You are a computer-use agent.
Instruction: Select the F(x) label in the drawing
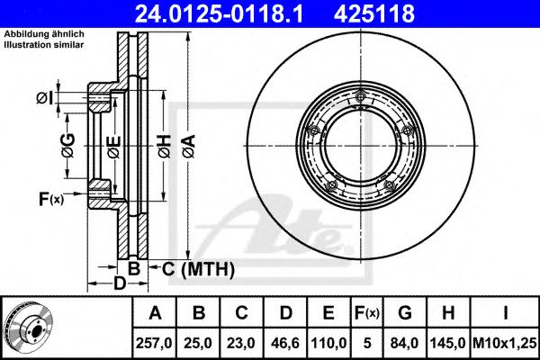[x=50, y=198]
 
